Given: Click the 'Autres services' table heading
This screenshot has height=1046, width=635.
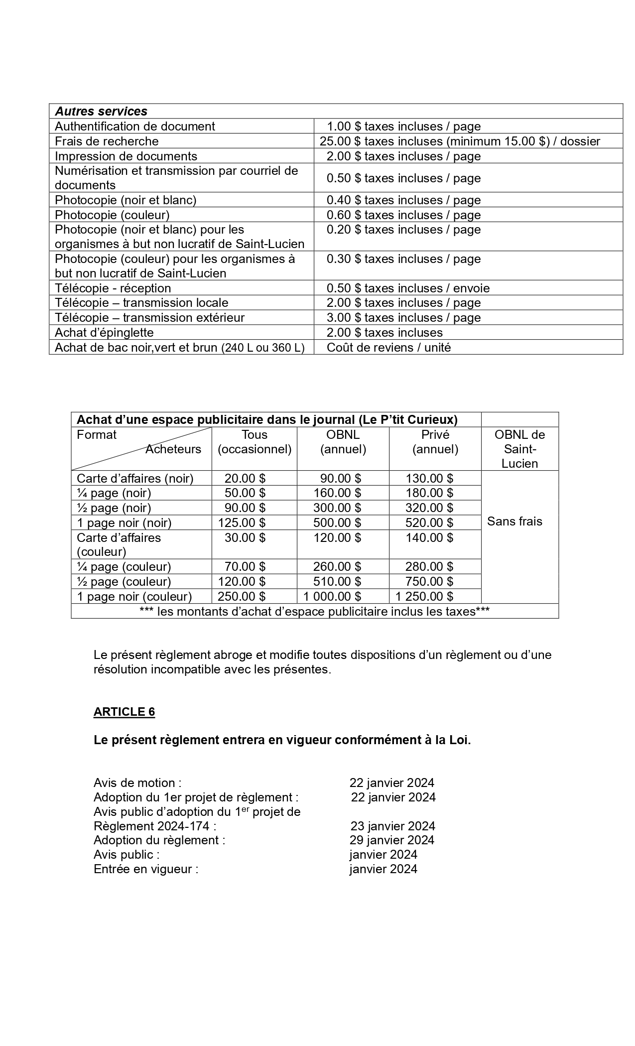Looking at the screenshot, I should [101, 111].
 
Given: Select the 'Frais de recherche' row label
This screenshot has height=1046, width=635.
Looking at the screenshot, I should [107, 141].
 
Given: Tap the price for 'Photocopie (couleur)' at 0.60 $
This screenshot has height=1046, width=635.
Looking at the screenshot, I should [403, 215].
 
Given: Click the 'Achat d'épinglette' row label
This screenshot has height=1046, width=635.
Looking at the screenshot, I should [104, 332].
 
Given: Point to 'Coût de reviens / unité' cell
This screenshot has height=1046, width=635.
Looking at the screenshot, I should [388, 347].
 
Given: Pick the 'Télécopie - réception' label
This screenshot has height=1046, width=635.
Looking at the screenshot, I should [113, 288].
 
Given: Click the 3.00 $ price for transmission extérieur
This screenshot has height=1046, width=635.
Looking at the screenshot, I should [403, 317].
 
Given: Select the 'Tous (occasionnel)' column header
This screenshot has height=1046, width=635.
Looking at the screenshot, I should [254, 442].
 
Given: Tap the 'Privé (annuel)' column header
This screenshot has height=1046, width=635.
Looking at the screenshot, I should [435, 442].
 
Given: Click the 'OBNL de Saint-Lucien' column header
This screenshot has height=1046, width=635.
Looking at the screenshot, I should [519, 449].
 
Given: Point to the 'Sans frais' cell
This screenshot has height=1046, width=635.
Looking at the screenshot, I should [514, 522].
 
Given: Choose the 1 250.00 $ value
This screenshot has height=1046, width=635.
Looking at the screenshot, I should [424, 596].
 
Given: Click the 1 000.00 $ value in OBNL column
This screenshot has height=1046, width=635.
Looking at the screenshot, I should [332, 596].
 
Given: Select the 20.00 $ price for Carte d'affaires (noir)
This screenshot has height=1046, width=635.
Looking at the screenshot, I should [245, 478].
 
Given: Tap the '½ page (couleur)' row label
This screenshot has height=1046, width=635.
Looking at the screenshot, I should [124, 581].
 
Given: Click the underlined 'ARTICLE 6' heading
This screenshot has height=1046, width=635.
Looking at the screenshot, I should [124, 712].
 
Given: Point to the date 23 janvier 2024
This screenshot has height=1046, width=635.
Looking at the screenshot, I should [392, 826].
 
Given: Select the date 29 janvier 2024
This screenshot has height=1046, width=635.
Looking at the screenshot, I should [392, 840].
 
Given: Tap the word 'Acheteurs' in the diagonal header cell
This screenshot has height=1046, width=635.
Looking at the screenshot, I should [173, 449].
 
